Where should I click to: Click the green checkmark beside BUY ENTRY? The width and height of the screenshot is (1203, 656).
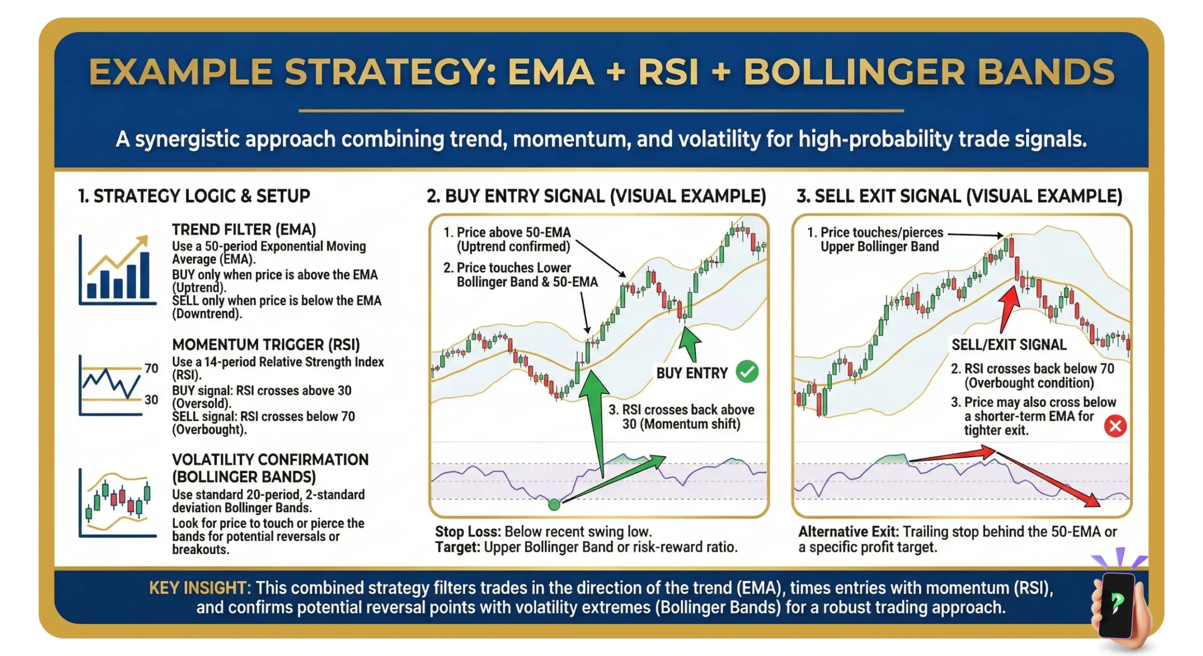tap(747, 372)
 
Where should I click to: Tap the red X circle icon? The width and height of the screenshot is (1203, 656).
tap(1115, 426)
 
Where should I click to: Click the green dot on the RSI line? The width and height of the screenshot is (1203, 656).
tap(554, 505)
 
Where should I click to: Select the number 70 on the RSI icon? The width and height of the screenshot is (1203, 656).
tap(151, 368)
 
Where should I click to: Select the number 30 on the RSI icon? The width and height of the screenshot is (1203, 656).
tap(151, 399)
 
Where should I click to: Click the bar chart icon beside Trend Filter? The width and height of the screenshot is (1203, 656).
tap(117, 271)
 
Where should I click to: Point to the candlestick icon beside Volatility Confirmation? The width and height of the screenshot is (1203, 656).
tap(117, 503)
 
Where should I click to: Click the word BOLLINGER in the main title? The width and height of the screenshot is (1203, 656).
tap(853, 72)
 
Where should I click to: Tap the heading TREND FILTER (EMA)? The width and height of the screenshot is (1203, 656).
tap(243, 229)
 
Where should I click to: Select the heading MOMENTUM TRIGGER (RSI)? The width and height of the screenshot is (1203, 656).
tap(266, 344)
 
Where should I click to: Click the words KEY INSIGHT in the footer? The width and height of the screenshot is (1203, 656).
tap(200, 588)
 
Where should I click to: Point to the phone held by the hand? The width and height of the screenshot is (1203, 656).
tap(1117, 604)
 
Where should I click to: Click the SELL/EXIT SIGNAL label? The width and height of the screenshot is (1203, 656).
tap(1008, 344)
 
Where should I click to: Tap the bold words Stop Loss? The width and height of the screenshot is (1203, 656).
tap(467, 531)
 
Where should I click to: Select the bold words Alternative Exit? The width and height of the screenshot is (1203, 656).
tap(848, 531)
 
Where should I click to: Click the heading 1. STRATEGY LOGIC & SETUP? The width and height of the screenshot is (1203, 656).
tap(194, 196)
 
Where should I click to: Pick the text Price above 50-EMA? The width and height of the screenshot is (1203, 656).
tap(513, 232)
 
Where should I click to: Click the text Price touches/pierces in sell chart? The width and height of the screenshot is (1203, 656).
tap(881, 232)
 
